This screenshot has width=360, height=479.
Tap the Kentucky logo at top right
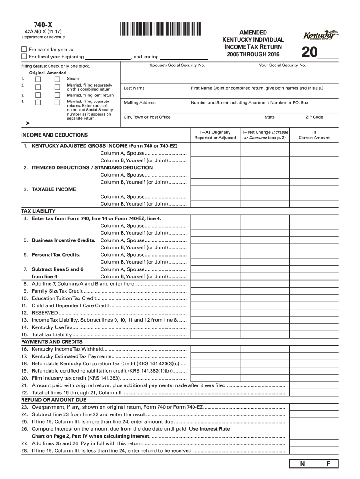[x=321, y=36]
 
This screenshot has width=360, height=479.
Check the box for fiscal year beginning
[x=24, y=57]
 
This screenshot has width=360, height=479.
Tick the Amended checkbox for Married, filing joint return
[x=58, y=95]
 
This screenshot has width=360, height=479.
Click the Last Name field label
[x=134, y=88]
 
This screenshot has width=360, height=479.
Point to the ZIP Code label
[x=314, y=117]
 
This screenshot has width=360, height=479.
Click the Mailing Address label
[x=140, y=103]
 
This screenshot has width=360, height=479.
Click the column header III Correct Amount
[x=314, y=135]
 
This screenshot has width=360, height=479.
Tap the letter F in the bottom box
[x=328, y=464]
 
